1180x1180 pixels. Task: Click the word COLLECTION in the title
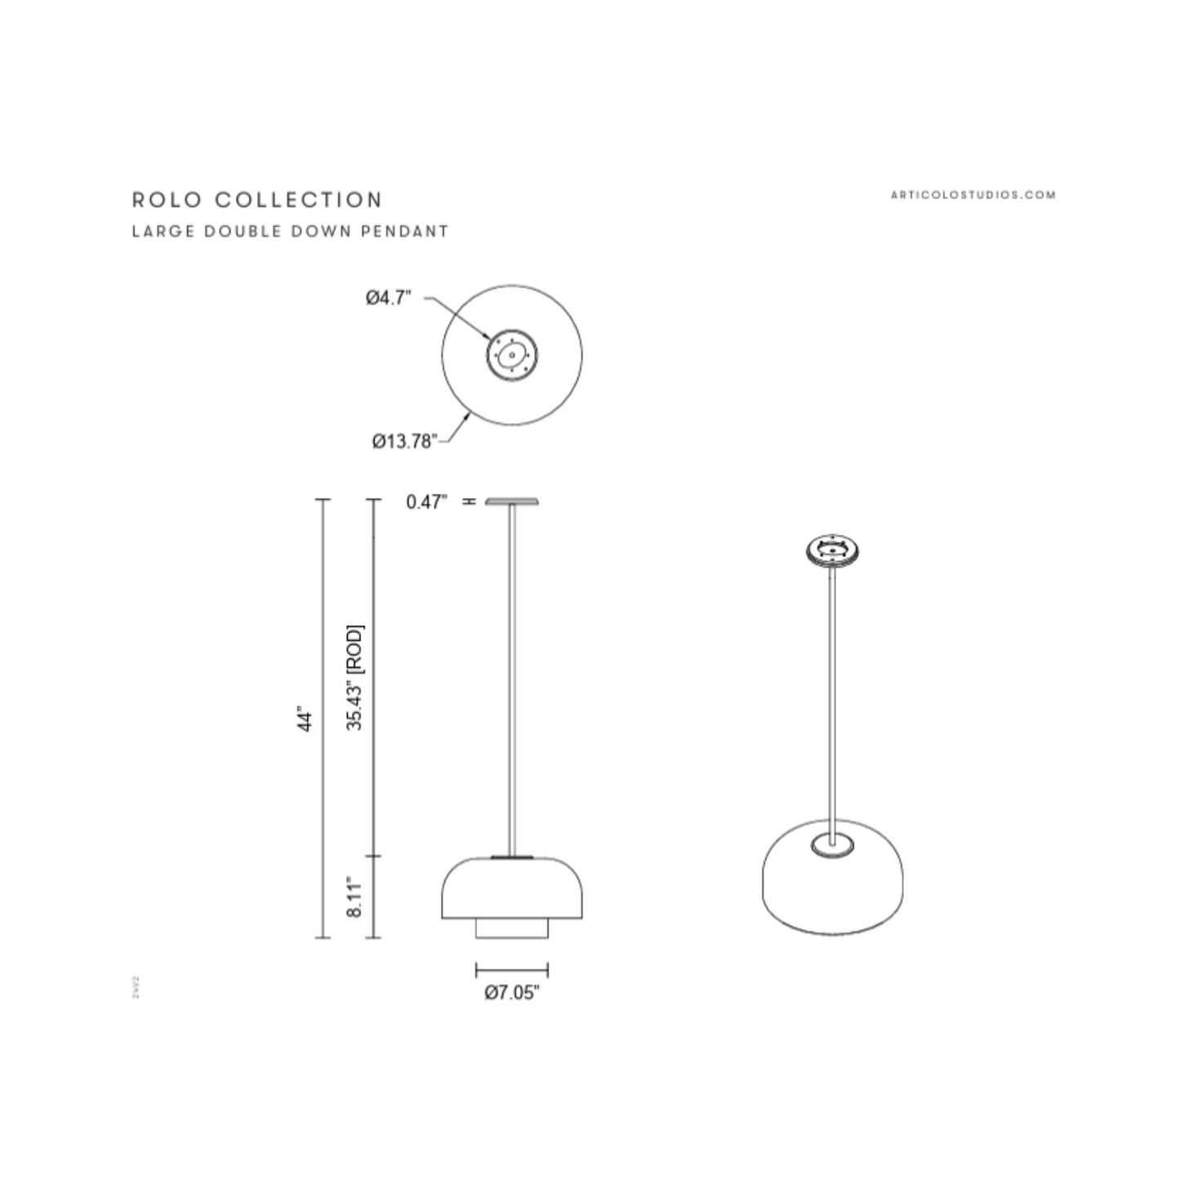tap(299, 200)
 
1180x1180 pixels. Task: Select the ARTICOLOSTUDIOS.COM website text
tap(973, 194)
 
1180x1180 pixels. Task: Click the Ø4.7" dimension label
tap(388, 298)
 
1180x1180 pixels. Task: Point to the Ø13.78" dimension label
tap(403, 442)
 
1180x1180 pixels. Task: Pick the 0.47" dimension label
tap(426, 501)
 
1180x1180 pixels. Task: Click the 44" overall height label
tap(305, 719)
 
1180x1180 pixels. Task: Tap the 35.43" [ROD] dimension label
tap(355, 677)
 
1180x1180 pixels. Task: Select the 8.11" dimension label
tap(354, 897)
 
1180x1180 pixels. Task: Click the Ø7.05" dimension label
tap(512, 992)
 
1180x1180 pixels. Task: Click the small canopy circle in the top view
tap(512, 355)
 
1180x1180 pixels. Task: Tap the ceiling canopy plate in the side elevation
tap(512, 501)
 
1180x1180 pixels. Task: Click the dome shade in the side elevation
tap(512, 888)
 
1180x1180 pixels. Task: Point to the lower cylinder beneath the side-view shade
tap(512, 929)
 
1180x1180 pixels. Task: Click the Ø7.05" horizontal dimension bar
tap(512, 970)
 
